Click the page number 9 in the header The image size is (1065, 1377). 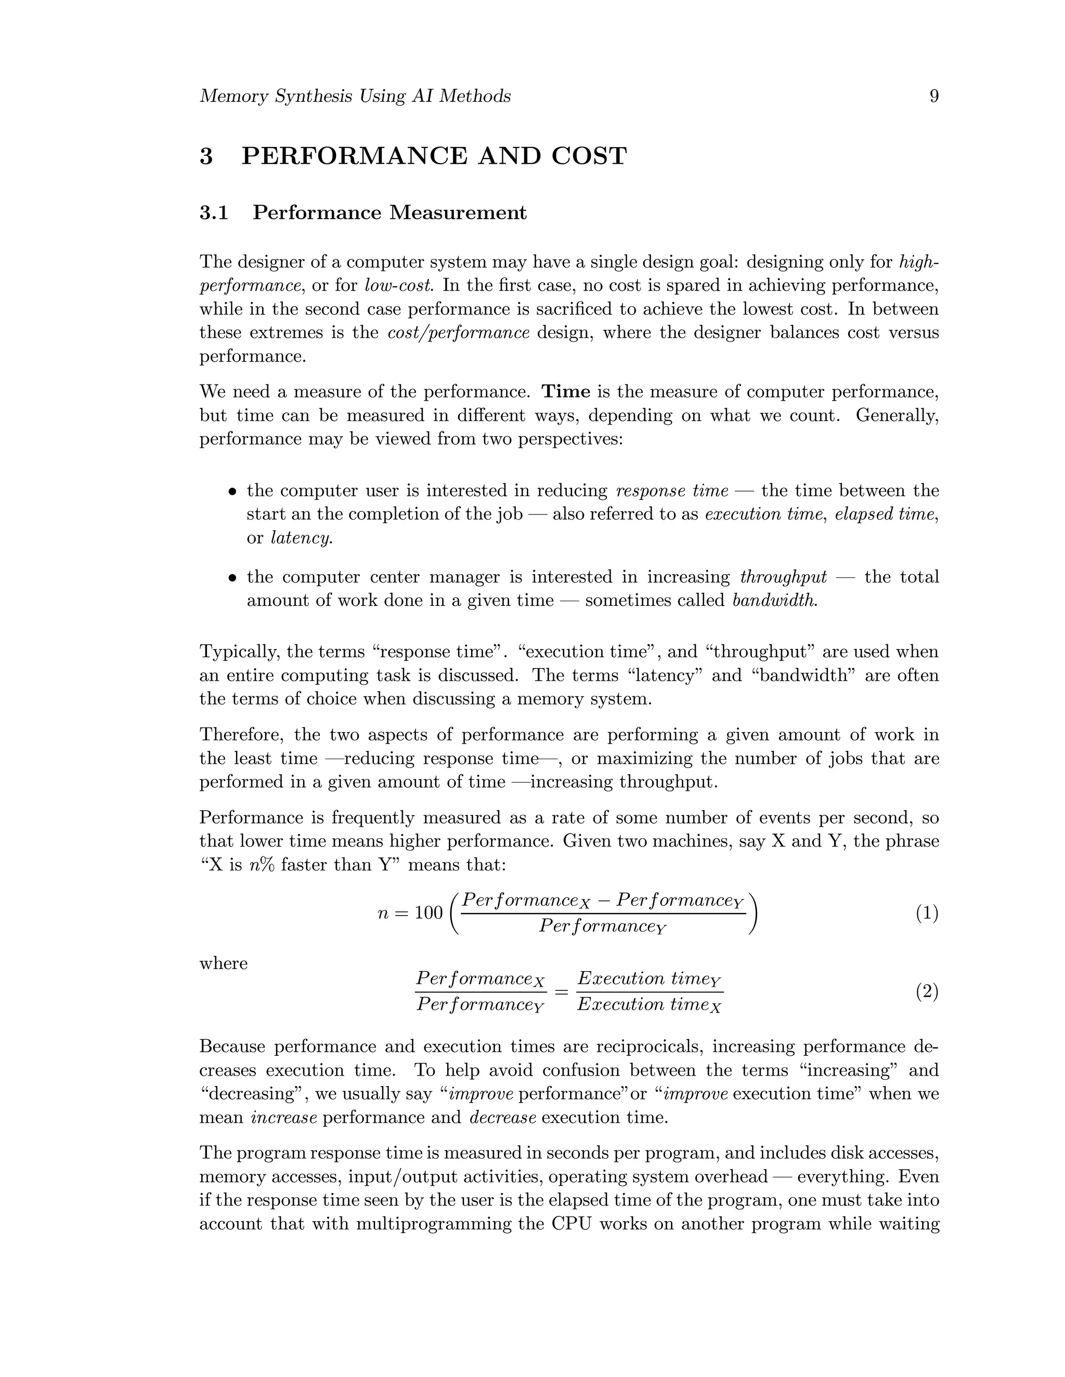tap(934, 97)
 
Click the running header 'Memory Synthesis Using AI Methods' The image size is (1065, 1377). tap(355, 97)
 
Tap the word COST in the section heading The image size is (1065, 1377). tap(589, 156)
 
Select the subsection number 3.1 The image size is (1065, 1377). tap(214, 213)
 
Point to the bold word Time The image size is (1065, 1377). tap(566, 392)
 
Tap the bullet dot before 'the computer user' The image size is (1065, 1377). tap(233, 491)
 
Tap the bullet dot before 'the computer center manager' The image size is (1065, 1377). tap(233, 577)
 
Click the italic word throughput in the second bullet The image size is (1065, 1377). tap(783, 577)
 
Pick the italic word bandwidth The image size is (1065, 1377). tap(774, 600)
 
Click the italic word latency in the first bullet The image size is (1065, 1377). tap(301, 538)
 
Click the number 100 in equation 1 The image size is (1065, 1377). tap(428, 913)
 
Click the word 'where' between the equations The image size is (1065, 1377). tap(223, 963)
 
